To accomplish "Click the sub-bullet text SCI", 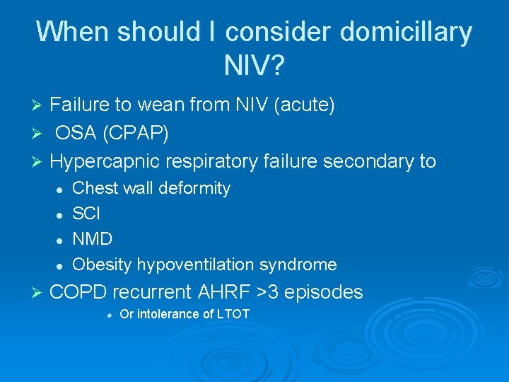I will pyautogui.click(x=87, y=214).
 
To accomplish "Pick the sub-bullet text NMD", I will pyautogui.click(x=93, y=239).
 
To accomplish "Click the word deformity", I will pyautogui.click(x=195, y=188).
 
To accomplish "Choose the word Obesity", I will pyautogui.click(x=102, y=265).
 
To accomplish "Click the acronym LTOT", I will pyautogui.click(x=230, y=314).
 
